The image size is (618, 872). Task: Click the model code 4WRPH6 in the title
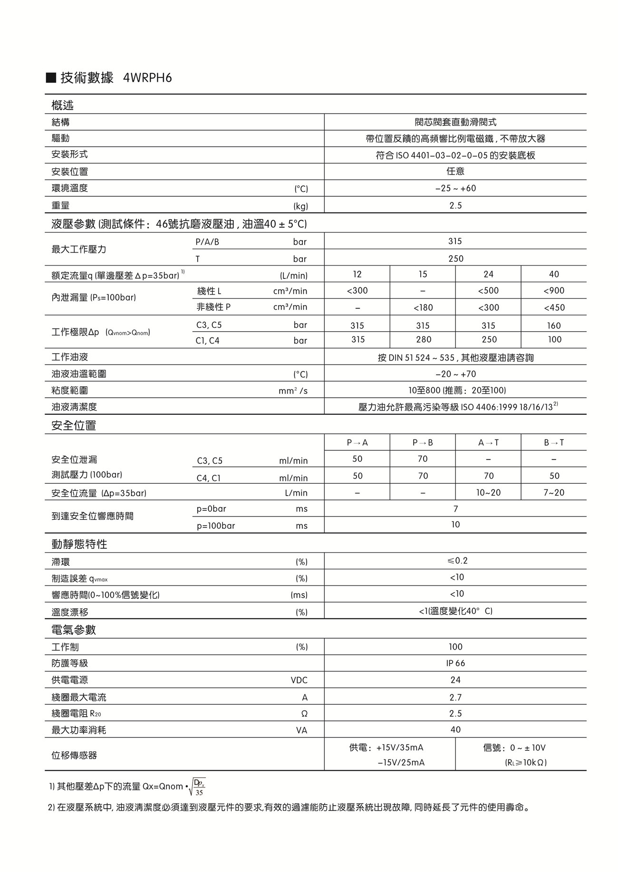click(147, 78)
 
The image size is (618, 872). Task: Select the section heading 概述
click(62, 105)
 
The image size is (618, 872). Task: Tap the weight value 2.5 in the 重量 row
click(455, 205)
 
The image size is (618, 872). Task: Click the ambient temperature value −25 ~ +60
click(455, 188)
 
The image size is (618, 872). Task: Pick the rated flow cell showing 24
click(488, 274)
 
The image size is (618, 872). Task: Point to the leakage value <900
click(554, 290)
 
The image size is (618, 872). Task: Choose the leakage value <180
click(423, 307)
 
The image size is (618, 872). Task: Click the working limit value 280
click(423, 339)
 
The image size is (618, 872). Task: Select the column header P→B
click(423, 442)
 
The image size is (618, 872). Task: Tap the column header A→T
click(488, 442)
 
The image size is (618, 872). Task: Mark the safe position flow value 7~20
click(554, 492)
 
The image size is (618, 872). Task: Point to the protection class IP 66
click(455, 663)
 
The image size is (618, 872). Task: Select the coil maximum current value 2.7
click(455, 697)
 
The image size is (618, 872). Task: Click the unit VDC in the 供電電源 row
click(299, 680)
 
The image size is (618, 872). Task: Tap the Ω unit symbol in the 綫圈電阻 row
click(304, 714)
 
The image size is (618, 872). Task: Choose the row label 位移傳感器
click(74, 755)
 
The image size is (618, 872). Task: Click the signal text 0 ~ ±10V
click(528, 747)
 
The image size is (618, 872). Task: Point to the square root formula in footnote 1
click(197, 786)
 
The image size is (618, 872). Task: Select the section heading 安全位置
click(74, 425)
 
